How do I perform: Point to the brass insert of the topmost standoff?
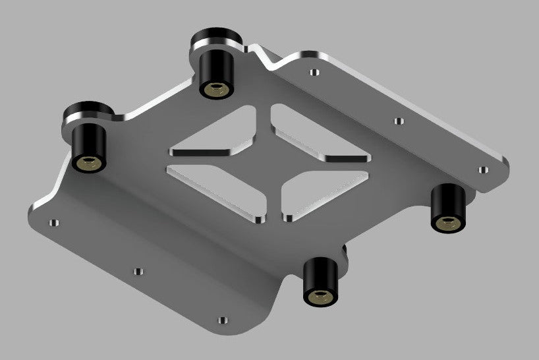pos(214,88)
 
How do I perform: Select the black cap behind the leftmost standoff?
pos(87,113)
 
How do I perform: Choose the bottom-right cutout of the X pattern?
pos(323,195)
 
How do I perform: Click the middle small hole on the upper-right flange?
pos(398,121)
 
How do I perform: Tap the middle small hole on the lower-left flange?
pos(138,271)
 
